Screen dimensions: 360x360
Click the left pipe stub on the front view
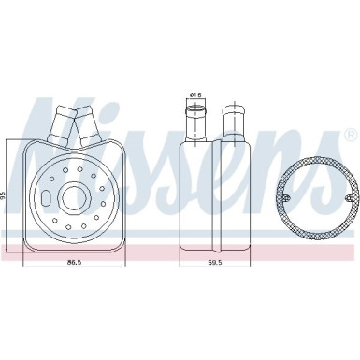(x=65, y=125)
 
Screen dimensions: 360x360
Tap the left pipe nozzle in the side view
(x=196, y=121)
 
